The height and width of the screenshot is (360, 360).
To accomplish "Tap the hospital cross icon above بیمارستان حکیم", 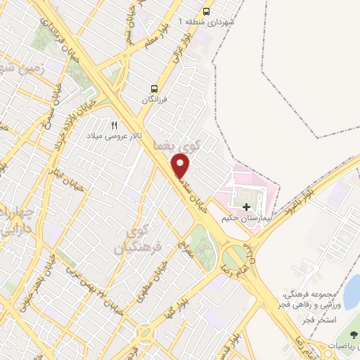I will tap(246, 207).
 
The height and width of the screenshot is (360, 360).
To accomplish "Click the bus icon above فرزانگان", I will tap(154, 89).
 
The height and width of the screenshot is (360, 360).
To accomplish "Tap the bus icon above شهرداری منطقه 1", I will tap(206, 11).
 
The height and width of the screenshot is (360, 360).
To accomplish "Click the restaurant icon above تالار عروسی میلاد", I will tap(115, 124).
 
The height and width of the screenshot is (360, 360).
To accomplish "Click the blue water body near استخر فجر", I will tap(353, 288).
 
